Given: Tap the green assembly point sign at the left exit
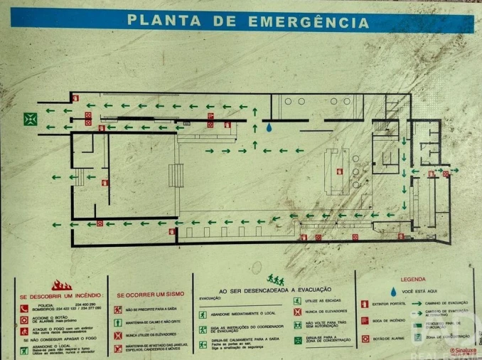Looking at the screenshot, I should point(31,119).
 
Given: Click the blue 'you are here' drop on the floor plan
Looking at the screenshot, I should point(269,128).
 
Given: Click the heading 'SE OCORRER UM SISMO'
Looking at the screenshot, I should point(150,295).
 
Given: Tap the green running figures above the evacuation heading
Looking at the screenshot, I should point(275,280).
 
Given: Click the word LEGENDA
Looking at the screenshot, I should point(413,280).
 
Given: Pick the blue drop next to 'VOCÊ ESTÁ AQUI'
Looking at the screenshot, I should point(392,291).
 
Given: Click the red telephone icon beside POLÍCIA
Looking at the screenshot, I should point(24,308).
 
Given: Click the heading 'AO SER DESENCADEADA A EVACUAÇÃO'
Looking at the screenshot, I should point(271,291).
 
